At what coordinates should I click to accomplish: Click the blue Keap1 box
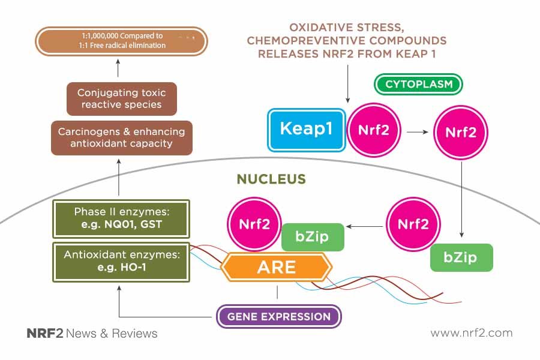(x=307, y=130)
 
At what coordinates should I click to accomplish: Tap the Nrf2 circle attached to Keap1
(x=374, y=130)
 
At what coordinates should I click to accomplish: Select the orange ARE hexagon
(x=277, y=267)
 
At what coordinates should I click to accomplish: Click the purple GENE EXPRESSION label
(x=279, y=316)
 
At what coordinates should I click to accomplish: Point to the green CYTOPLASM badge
(x=418, y=84)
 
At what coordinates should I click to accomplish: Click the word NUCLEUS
(x=271, y=179)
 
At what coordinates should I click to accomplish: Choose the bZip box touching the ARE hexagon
(x=313, y=237)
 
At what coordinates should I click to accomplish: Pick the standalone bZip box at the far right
(x=461, y=257)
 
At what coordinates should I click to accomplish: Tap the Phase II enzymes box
(x=121, y=218)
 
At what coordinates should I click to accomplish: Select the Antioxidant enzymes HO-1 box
(x=121, y=262)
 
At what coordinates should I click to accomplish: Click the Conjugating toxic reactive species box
(x=122, y=99)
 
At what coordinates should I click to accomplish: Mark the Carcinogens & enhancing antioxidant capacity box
(x=122, y=138)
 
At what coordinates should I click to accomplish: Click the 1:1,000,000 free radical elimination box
(x=122, y=41)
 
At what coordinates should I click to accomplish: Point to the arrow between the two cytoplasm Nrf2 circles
(x=418, y=132)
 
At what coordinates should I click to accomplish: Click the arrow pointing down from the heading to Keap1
(x=347, y=84)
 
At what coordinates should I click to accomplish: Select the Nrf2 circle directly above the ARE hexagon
(x=254, y=224)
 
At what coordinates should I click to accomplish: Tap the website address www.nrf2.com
(x=472, y=333)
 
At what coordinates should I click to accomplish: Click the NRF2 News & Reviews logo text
(x=92, y=333)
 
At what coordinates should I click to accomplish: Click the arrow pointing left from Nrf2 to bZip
(x=364, y=226)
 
